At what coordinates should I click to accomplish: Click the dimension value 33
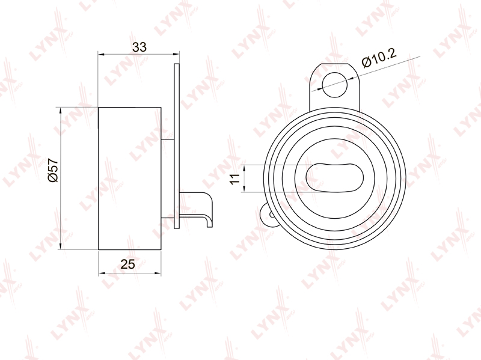(x=139, y=47)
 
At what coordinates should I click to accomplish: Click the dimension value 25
(x=127, y=264)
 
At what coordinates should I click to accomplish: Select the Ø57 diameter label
(x=53, y=170)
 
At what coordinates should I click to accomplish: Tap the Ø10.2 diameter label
(x=379, y=57)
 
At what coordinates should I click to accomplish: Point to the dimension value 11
(x=235, y=178)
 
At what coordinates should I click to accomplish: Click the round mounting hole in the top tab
(x=335, y=85)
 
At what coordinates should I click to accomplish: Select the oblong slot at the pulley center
(x=334, y=177)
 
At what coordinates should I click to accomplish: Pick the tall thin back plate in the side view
(x=176, y=145)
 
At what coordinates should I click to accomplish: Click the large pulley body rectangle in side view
(x=129, y=178)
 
